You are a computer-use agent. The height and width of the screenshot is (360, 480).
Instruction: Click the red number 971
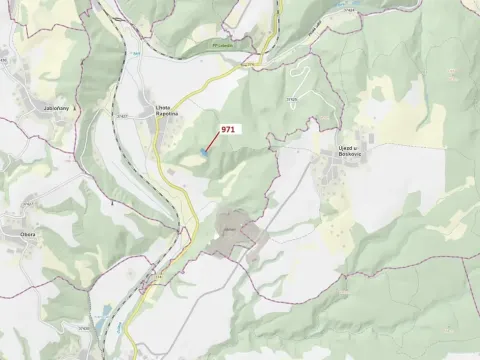pyautogui.click(x=228, y=129)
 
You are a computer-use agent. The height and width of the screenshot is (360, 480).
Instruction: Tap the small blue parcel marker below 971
pyautogui.click(x=204, y=152)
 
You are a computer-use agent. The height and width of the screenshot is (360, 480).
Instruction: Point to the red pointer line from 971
pyautogui.click(x=213, y=142)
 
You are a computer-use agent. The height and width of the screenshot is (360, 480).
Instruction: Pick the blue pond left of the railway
pyautogui.click(x=105, y=312)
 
